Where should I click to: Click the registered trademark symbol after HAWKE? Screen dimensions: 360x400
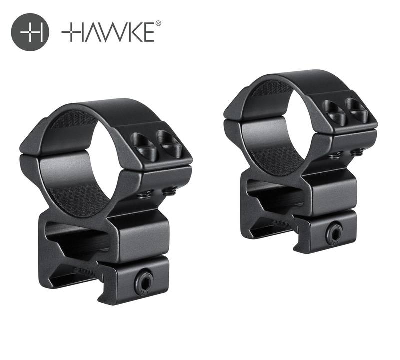click(x=158, y=23)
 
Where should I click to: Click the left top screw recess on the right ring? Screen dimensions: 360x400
click(x=333, y=112)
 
